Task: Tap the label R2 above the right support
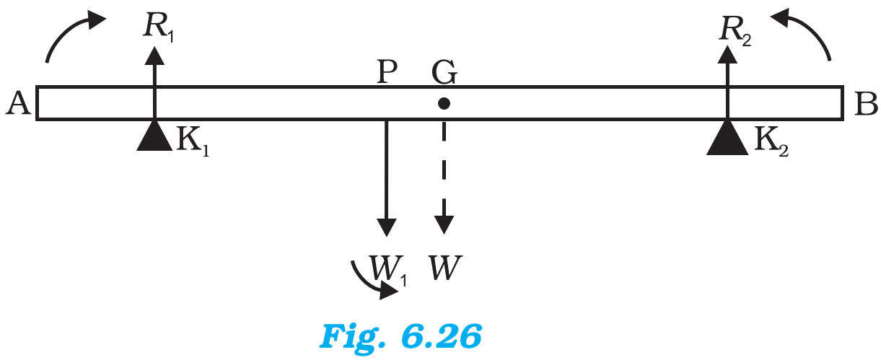pyautogui.click(x=735, y=32)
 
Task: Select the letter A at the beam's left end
pyautogui.click(x=18, y=103)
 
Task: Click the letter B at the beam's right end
pyautogui.click(x=866, y=103)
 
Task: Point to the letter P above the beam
pyautogui.click(x=387, y=71)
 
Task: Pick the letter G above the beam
pyautogui.click(x=444, y=72)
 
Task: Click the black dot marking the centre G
pyautogui.click(x=444, y=103)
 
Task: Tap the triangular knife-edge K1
pyautogui.click(x=154, y=136)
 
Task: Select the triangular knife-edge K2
pyautogui.click(x=727, y=138)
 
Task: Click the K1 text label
pyautogui.click(x=193, y=141)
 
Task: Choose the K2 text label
pyautogui.click(x=771, y=142)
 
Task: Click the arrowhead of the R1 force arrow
pyautogui.click(x=154, y=56)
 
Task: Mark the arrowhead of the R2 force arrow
pyautogui.click(x=727, y=55)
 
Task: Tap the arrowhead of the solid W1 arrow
pyautogui.click(x=387, y=227)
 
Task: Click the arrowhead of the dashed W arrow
pyautogui.click(x=444, y=225)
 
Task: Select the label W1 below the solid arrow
pyautogui.click(x=387, y=270)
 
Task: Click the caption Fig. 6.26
pyautogui.click(x=400, y=336)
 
